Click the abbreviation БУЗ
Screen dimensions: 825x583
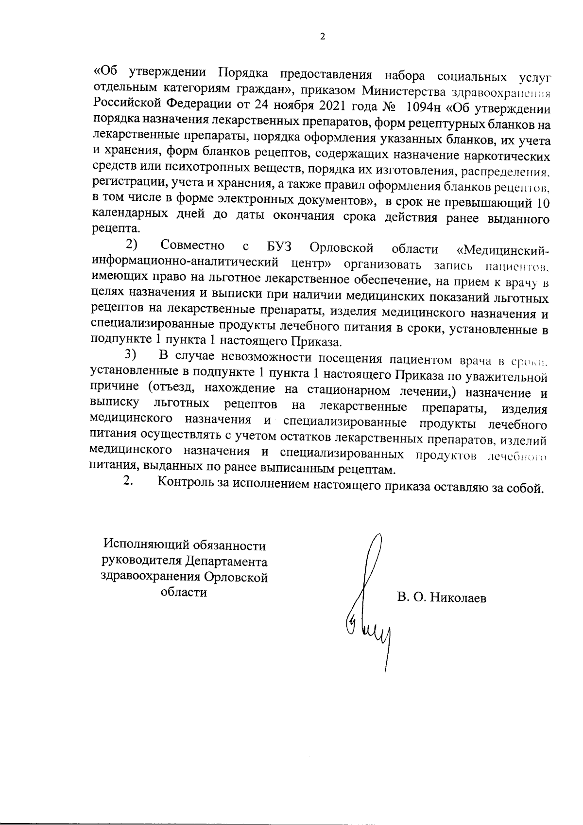point(278,247)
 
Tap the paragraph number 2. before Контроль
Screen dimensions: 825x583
point(128,482)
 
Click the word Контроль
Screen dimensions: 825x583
point(182,483)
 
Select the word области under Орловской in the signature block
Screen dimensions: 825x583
point(184,593)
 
